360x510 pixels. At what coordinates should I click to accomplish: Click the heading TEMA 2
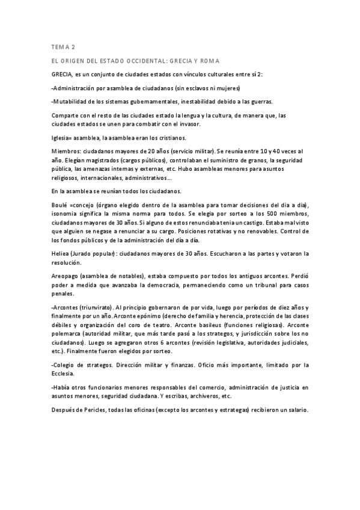63,46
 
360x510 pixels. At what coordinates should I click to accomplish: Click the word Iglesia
63,138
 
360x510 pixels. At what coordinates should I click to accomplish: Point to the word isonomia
68,214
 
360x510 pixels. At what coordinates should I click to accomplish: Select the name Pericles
98,410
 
